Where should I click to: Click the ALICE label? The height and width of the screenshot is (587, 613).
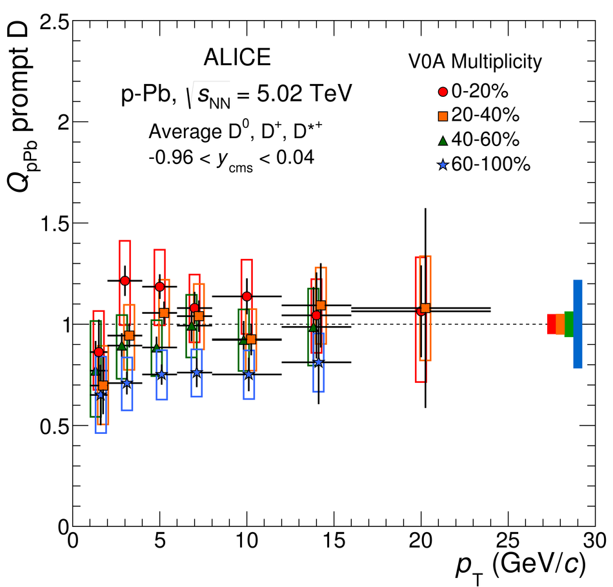[237, 59]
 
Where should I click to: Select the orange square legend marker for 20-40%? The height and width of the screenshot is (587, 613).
[442, 115]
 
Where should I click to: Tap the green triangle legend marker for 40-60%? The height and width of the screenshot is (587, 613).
[442, 140]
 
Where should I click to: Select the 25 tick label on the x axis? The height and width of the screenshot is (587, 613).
[509, 541]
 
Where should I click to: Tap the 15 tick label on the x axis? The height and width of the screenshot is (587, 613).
[334, 541]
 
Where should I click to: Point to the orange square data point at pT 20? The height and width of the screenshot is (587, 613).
[425, 308]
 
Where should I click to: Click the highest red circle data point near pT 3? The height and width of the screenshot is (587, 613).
[125, 280]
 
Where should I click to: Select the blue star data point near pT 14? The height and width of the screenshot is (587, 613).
[317, 362]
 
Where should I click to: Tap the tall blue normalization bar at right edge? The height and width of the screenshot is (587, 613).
[578, 324]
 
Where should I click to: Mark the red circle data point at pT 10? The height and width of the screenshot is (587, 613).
[246, 296]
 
